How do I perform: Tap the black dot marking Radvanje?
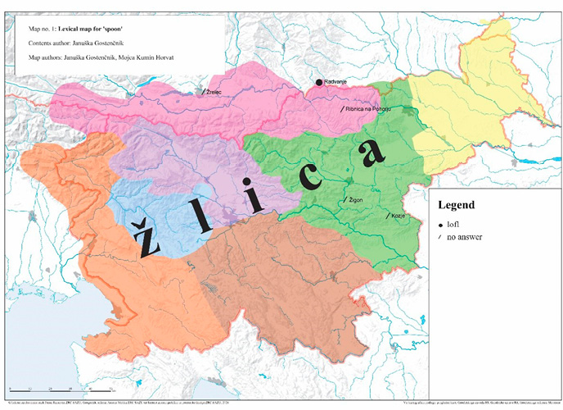[x=319, y=83]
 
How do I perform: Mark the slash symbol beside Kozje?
[x=388, y=216]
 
